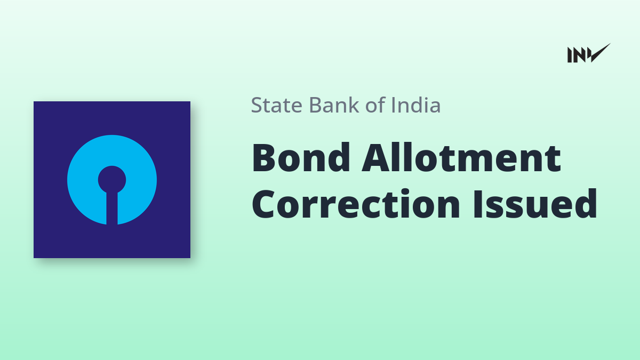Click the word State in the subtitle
pos(277,105)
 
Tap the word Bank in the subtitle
pos(334,105)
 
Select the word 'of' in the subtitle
pos(375,105)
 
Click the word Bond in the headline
pos(301,157)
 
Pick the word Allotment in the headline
pos(461,157)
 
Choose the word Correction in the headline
pos(356,204)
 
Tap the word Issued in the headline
pos(535,203)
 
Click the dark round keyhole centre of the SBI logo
pos(112,180)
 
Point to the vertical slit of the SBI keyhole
pos(112,208)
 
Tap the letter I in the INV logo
pos(570,55)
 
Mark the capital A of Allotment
pos(377,157)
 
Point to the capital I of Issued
pos(478,204)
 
